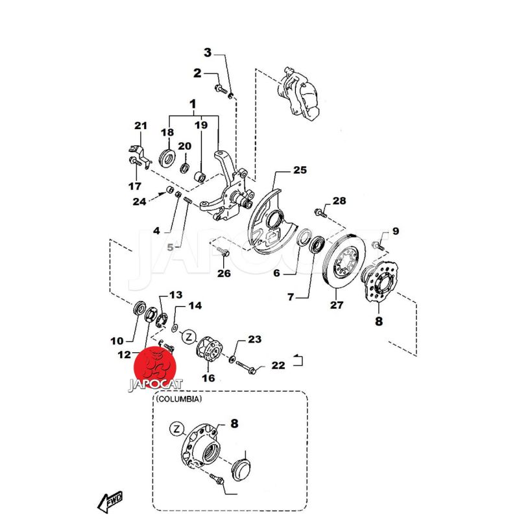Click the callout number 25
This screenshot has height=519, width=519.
[x=300, y=171]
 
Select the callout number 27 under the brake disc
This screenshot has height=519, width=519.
[x=335, y=304]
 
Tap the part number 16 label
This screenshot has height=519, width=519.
[x=208, y=378]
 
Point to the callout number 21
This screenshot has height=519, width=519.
[x=141, y=125]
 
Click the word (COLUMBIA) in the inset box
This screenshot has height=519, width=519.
[x=178, y=400]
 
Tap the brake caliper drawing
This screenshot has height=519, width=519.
[x=302, y=93]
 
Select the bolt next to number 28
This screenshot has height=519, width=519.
[x=321, y=211]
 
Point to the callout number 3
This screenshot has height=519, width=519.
[x=208, y=53]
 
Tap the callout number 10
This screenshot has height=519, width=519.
[x=117, y=341]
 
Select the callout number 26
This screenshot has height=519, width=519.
[x=224, y=274]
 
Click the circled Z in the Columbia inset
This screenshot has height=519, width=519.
[x=176, y=428]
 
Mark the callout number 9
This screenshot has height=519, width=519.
[x=395, y=230]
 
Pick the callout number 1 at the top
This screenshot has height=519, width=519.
[x=193, y=104]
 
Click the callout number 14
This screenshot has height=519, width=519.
[x=195, y=305]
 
